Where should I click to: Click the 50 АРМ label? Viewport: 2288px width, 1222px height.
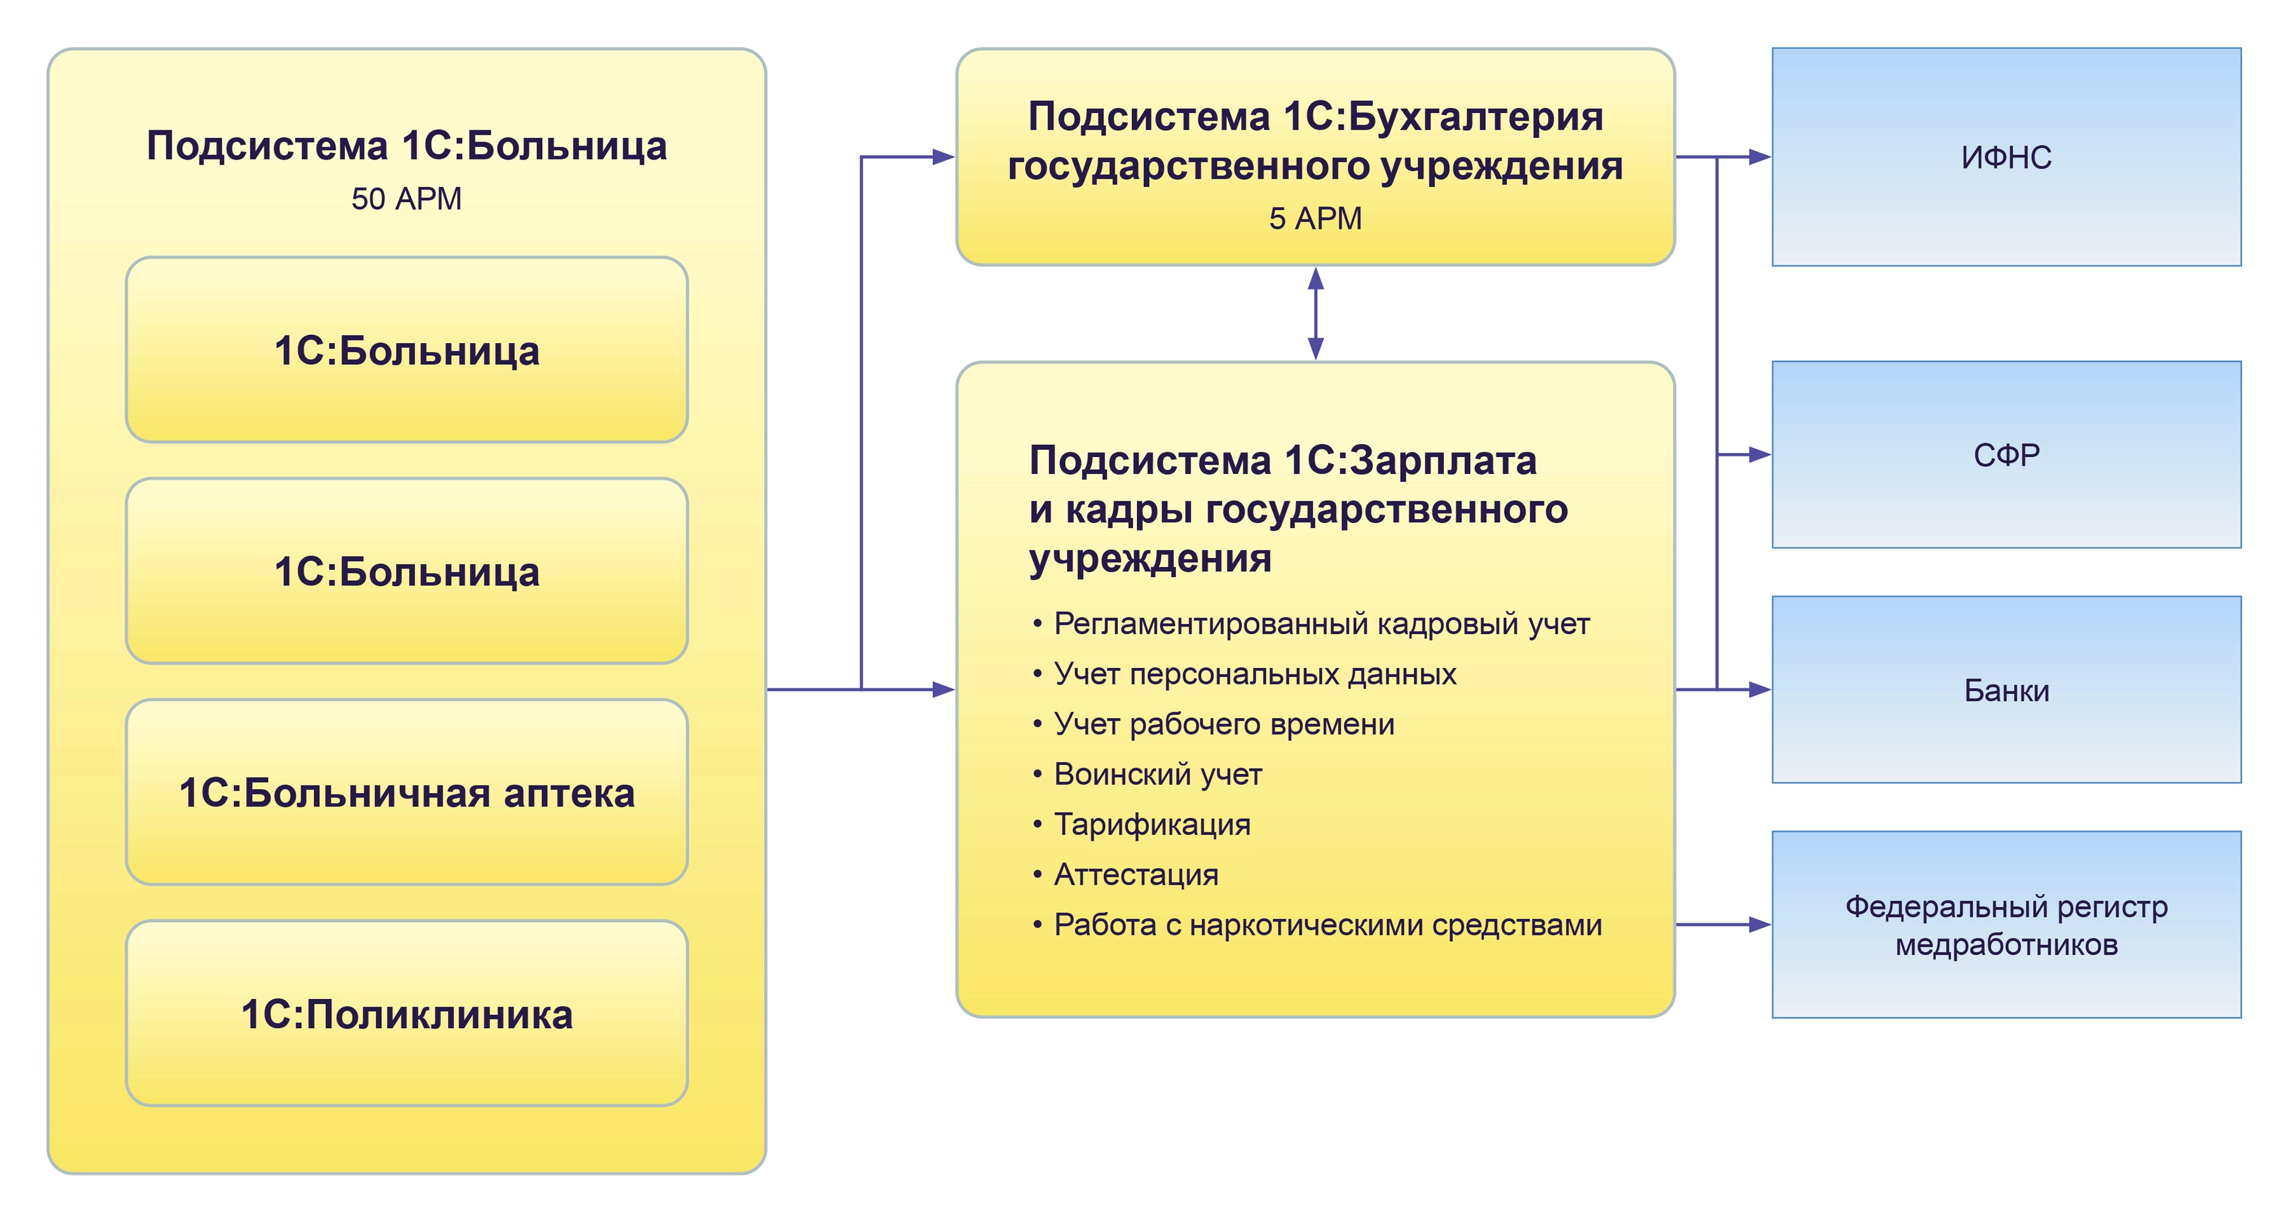pos(406,199)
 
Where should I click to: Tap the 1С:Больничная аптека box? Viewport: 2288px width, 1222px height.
pos(406,792)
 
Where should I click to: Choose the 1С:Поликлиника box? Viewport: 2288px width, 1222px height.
pos(406,1014)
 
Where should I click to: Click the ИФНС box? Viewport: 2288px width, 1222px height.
pos(2006,157)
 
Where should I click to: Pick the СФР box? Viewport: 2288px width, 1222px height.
pos(2006,455)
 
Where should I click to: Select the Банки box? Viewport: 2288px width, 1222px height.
pos(2006,690)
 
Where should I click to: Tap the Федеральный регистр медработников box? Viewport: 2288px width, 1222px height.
pos(2006,925)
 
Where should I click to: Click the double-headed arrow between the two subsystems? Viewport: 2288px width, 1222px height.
pos(1316,313)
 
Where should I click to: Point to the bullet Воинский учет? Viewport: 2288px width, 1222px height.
pos(1157,775)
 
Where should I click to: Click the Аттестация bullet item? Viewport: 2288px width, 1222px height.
pos(1136,875)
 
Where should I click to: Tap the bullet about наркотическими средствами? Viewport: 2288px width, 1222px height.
pos(1327,925)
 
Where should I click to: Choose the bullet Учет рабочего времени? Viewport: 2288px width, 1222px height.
pos(1223,724)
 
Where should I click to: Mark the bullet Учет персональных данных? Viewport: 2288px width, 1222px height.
pos(1254,674)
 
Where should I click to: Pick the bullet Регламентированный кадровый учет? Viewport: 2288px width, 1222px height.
pos(1321,624)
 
